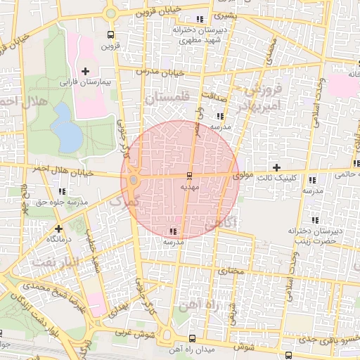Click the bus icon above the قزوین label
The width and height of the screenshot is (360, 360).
(109, 34)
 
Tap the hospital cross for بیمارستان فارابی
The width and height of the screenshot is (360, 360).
(86, 71)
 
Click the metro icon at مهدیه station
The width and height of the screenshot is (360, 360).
(189, 175)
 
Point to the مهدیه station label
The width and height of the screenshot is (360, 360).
(191, 188)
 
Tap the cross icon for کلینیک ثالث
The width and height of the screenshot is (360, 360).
(276, 168)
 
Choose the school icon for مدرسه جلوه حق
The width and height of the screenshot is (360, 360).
(63, 191)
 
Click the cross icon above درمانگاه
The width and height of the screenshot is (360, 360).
(58, 229)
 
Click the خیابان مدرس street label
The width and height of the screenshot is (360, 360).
(167, 72)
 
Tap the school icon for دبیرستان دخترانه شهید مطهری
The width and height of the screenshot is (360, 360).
(200, 19)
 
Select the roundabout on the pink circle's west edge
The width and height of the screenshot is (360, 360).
(134, 181)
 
